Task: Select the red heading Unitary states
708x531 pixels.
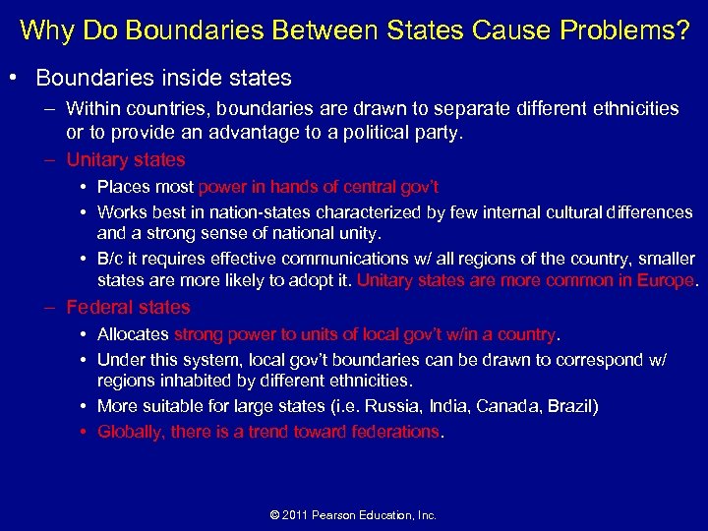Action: (125, 159)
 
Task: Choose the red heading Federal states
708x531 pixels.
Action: (128, 308)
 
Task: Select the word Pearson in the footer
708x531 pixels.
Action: (346, 515)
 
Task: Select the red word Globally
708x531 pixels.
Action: (130, 432)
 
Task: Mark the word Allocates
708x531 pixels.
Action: (133, 335)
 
